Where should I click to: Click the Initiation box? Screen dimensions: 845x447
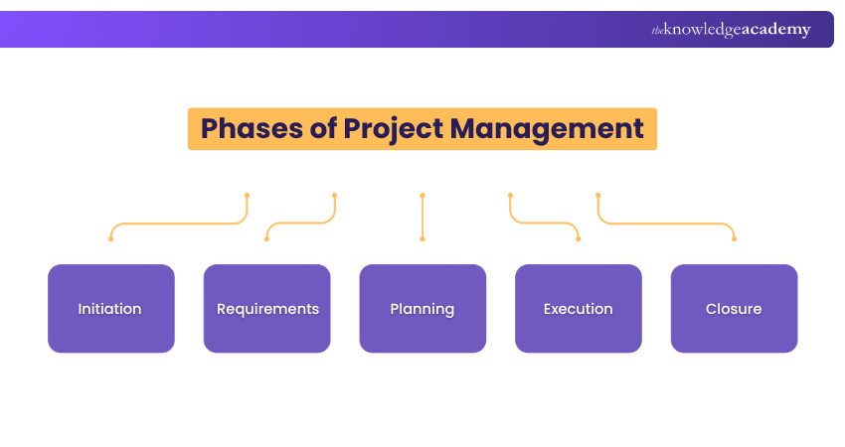pos(111,309)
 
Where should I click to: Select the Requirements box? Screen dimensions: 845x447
pos(266,309)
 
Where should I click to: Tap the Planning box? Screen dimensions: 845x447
pos(422,309)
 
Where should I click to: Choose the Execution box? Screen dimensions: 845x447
pos(579,309)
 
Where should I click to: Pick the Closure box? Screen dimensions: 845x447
pos(734,309)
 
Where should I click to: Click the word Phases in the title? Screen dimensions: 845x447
pos(252,129)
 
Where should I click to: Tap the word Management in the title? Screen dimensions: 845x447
pos(547,130)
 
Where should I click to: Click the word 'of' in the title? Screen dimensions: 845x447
pos(323,128)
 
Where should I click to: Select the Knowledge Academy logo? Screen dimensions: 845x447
pos(731,29)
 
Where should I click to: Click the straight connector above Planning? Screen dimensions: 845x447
pos(422,217)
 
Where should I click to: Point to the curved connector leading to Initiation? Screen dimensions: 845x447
pos(178,223)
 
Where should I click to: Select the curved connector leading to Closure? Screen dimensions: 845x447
pos(667,223)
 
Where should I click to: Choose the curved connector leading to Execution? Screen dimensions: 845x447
pos(545,223)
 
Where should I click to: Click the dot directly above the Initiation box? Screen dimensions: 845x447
pos(111,238)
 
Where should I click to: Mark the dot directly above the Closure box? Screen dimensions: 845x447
pos(734,238)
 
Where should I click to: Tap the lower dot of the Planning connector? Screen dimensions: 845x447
pos(422,238)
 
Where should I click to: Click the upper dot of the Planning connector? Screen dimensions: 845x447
pos(422,196)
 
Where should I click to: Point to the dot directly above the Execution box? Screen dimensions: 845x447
pos(579,238)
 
